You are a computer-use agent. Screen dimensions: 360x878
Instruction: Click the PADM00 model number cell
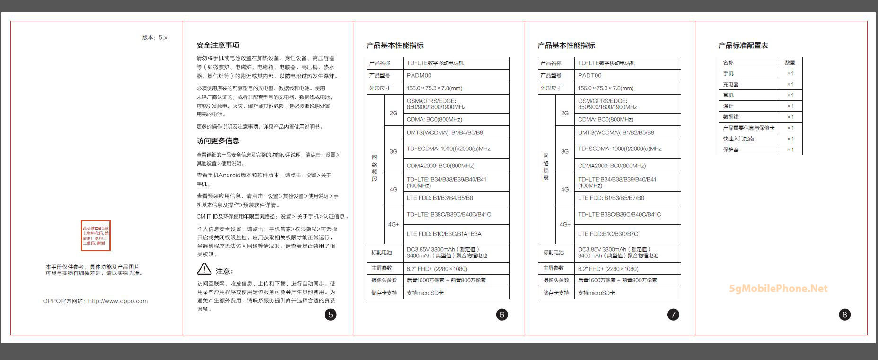tap(419, 76)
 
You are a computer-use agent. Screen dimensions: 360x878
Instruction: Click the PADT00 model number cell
tap(590, 76)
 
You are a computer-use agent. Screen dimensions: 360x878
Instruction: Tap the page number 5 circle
tap(331, 315)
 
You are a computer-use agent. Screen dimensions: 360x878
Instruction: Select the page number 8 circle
tap(844, 315)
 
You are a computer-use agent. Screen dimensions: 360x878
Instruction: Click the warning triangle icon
tap(204, 269)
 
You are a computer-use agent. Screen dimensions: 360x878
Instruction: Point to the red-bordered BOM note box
tap(96, 235)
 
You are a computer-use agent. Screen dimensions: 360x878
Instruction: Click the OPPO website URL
tap(118, 301)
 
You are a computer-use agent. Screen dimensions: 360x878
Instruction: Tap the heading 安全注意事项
tap(218, 45)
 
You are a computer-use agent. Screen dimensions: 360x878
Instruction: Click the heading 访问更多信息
tap(218, 141)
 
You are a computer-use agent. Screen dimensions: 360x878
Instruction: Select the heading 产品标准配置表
tap(743, 45)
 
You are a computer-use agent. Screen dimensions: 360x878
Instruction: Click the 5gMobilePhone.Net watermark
tap(778, 289)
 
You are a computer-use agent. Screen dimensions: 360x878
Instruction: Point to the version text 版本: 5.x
tap(155, 38)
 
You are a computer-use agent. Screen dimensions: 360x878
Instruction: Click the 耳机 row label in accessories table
tap(729, 96)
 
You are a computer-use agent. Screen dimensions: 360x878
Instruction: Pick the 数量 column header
tap(790, 62)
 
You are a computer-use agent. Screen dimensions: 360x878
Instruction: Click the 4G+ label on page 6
tap(394, 225)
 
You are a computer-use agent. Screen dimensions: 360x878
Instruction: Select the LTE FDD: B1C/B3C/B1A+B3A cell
tap(444, 234)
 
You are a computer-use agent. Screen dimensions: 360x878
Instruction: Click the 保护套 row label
tap(731, 150)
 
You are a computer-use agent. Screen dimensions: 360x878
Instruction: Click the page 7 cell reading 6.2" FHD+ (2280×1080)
tap(608, 269)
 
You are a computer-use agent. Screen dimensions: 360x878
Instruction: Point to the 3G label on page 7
tap(565, 152)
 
